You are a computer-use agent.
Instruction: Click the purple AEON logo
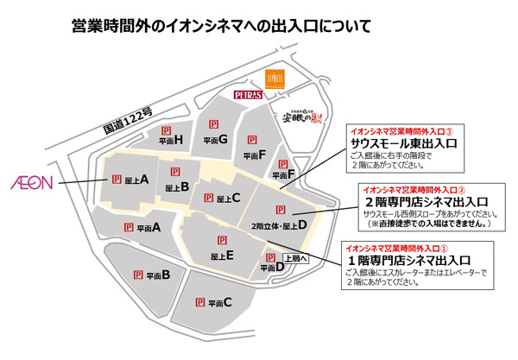click(x=32, y=183)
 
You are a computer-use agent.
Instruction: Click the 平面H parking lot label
click(x=171, y=139)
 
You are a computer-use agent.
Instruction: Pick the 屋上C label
click(x=227, y=199)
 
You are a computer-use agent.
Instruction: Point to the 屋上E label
click(x=223, y=256)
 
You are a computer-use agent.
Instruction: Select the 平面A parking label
click(x=149, y=228)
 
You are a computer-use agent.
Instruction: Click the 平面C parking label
click(x=216, y=302)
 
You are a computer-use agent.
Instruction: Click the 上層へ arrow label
click(x=295, y=257)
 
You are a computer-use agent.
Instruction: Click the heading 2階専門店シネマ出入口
click(x=421, y=200)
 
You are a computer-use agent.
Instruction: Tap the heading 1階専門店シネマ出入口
click(x=410, y=259)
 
